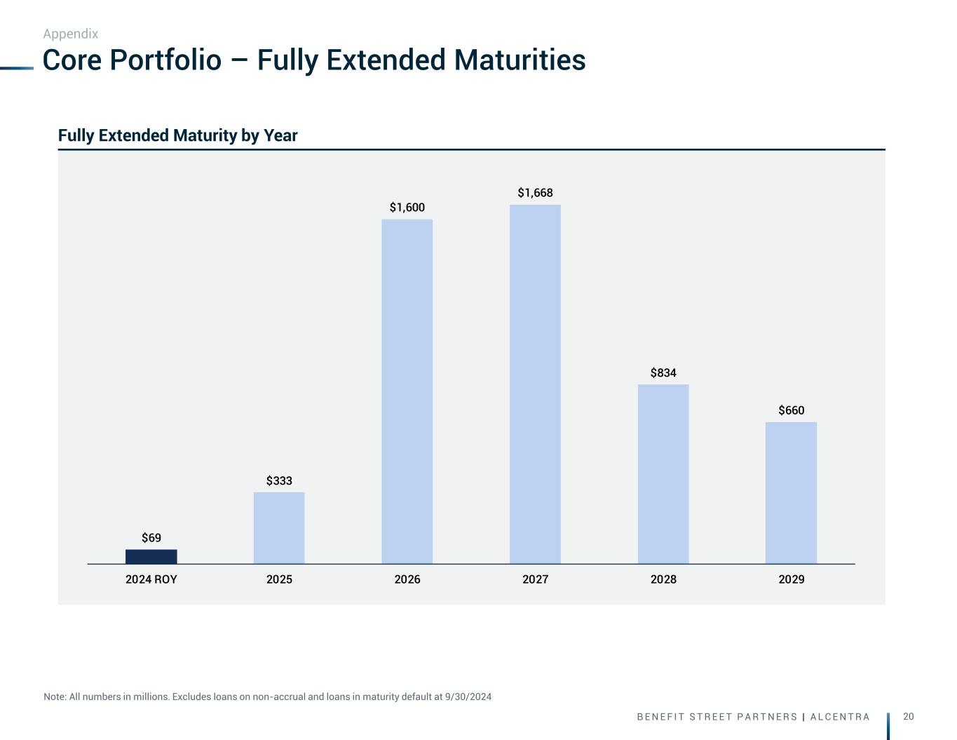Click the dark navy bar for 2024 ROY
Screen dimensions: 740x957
[x=151, y=556]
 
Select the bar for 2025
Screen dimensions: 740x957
[x=279, y=527]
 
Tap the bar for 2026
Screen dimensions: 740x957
[x=407, y=391]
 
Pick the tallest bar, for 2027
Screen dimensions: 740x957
[x=535, y=384]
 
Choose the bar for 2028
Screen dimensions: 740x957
[x=663, y=473]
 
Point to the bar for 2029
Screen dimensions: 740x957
[x=791, y=492]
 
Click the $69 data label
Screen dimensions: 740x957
[x=151, y=538]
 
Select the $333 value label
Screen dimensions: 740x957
[x=279, y=481]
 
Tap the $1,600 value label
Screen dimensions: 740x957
[x=407, y=208]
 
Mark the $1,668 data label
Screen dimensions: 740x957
[x=535, y=193]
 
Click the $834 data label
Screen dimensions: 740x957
[x=663, y=373]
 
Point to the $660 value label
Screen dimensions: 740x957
[x=791, y=410]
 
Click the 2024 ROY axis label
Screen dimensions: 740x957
[x=151, y=579]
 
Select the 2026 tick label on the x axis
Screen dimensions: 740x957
[x=407, y=579]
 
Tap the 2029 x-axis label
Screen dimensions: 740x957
[x=791, y=579]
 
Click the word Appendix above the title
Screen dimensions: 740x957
[x=71, y=34]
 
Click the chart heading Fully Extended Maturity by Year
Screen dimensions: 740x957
[x=178, y=135]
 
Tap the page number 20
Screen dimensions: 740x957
[x=909, y=716]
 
